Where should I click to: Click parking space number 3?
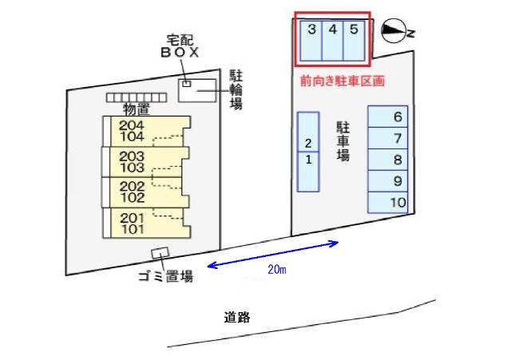[x=311, y=38]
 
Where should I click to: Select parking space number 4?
[x=333, y=38]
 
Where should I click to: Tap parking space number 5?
[x=355, y=38]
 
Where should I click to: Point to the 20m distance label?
[x=277, y=271]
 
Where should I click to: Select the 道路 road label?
[x=237, y=317]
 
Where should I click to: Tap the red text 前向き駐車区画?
[x=343, y=81]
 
